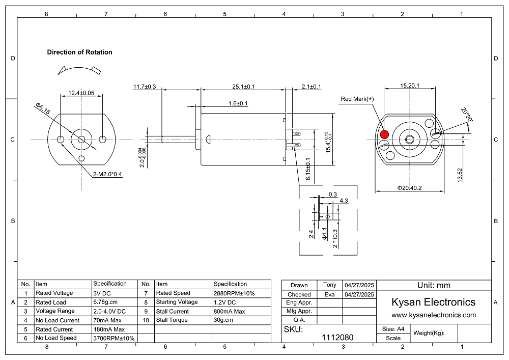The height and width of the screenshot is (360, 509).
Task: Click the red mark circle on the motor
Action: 384,134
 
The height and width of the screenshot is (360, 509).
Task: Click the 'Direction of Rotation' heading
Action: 79,52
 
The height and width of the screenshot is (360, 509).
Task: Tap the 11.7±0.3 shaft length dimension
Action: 145,87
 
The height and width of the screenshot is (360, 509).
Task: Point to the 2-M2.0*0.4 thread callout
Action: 108,174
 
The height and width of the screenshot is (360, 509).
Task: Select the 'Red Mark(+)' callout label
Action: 357,99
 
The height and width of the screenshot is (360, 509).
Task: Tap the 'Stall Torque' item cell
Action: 172,320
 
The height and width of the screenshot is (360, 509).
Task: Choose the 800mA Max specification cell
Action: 229,311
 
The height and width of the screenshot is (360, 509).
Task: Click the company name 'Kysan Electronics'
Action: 433,302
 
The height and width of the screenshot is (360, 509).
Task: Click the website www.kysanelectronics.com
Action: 433,315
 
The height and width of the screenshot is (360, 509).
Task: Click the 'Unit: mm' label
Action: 434,285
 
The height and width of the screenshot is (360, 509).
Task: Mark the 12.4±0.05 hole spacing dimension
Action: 81,93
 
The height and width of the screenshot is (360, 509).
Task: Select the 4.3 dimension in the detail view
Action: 344,201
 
